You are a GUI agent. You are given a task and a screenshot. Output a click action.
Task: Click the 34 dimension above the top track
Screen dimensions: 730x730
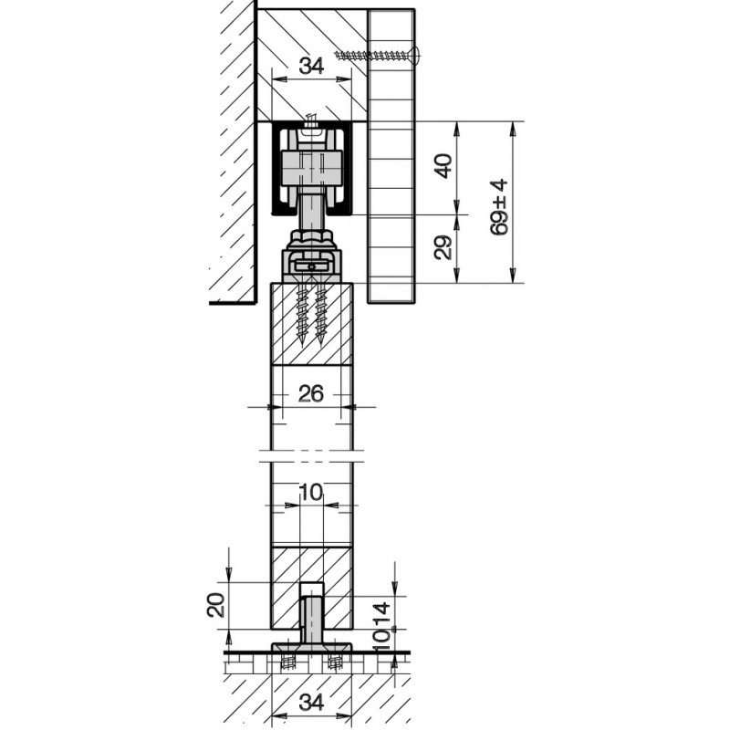[x=312, y=66]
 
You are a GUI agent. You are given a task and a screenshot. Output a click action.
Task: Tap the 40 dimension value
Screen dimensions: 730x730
[x=443, y=167]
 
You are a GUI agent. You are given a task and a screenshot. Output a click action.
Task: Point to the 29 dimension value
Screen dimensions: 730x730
[x=443, y=248]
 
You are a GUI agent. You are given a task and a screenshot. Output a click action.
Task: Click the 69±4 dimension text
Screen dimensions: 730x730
[x=498, y=208]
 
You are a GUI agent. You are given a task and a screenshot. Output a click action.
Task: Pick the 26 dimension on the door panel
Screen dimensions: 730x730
[x=311, y=393]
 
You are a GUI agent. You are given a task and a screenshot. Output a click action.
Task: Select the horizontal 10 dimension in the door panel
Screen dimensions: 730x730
[x=310, y=493]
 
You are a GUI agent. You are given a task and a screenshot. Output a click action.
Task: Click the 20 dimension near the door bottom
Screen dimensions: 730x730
[x=216, y=604]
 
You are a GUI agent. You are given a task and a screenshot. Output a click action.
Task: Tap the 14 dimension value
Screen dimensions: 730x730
[x=381, y=614]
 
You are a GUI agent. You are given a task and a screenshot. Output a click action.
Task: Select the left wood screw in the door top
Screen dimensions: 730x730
[x=302, y=315]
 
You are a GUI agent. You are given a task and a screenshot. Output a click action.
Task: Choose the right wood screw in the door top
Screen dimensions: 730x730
[x=320, y=315]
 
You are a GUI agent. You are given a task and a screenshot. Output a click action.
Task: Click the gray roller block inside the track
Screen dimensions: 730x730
[x=311, y=167]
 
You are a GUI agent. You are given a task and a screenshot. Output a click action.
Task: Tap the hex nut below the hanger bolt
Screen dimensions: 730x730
[x=311, y=243]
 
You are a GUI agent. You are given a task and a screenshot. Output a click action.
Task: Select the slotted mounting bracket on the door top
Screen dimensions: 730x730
[x=312, y=266]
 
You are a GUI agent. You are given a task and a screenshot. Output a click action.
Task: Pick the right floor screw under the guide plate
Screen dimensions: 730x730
[x=335, y=661]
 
